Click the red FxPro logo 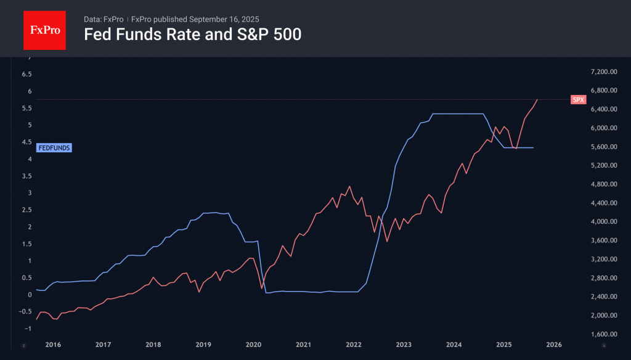click(44, 29)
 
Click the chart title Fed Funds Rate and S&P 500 click(192, 35)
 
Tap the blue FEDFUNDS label click(55, 148)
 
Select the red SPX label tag click(578, 99)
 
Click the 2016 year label click(52, 345)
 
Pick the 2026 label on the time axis click(554, 345)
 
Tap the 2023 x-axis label click(404, 345)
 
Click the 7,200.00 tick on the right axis click(603, 72)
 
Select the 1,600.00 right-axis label click(603, 335)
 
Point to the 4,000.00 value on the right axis click(603, 222)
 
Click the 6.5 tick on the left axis click(26, 74)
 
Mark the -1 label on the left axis click(26, 328)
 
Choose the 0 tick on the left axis click(28, 295)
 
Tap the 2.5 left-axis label click(26, 210)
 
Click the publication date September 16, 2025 click(224, 19)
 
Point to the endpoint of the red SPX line click(537, 99)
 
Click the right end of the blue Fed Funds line click(533, 148)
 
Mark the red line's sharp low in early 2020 click(261, 288)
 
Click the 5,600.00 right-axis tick click(603, 147)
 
